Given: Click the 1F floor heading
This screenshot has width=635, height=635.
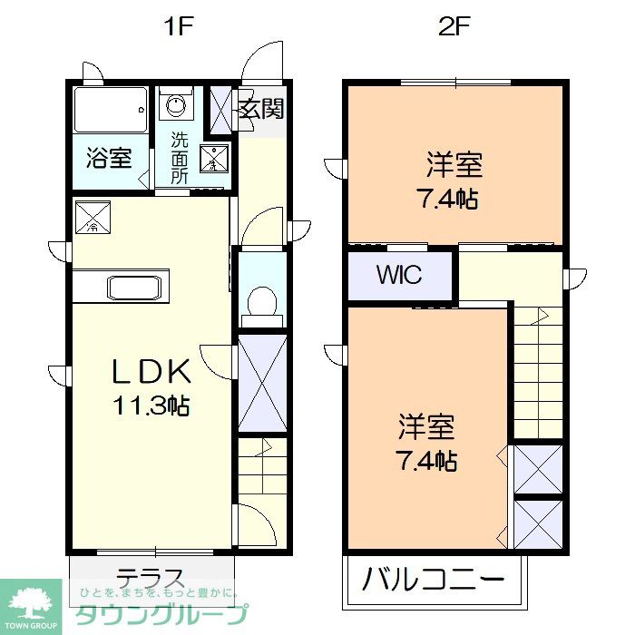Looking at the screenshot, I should pos(179,27).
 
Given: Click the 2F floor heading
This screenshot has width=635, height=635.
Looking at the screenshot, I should pos(454,27).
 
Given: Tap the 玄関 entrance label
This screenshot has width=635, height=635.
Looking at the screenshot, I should pos(261,110).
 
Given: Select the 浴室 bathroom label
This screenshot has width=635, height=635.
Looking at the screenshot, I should pos(108,158).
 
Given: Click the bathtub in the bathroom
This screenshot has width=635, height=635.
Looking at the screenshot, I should pos(110,111).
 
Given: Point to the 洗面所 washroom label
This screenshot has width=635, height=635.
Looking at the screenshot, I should pos(180,158).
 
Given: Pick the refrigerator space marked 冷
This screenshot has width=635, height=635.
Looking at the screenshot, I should pos(93,217).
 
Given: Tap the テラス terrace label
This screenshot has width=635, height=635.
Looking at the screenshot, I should pos(151,578).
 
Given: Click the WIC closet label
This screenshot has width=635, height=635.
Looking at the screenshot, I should pos(399,275).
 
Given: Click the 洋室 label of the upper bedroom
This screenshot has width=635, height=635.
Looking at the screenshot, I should pos(454,165).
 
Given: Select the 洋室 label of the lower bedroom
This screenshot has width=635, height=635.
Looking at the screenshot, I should pos(425,426).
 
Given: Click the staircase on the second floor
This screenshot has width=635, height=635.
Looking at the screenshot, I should pos(539,372).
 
